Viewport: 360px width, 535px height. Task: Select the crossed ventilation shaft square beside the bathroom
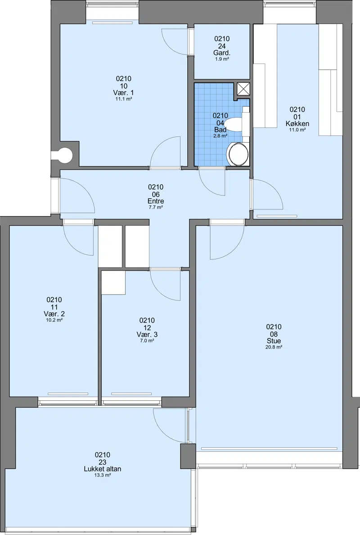[243, 89]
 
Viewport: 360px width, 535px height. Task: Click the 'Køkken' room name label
[297, 123]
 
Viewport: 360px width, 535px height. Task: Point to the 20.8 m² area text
[274, 347]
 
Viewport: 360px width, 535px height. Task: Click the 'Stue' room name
[274, 341]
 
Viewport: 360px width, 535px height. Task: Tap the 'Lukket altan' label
[102, 469]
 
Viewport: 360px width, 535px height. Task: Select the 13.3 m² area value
[103, 475]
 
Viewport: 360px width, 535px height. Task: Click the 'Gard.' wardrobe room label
[221, 53]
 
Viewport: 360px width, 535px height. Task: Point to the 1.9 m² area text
[221, 59]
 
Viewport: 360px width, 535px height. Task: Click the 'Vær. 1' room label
[123, 93]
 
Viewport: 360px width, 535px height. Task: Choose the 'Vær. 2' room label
[54, 314]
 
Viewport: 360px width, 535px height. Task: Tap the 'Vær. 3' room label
[147, 334]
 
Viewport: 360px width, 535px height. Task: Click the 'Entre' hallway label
[155, 201]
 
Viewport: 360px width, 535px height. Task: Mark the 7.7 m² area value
[155, 207]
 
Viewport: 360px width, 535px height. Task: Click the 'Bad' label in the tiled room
[220, 130]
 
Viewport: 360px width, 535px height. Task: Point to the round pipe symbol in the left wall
[64, 155]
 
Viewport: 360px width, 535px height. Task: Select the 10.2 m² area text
[54, 320]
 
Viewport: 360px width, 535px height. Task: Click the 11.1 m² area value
[123, 99]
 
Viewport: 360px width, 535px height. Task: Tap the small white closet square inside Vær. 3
[113, 282]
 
